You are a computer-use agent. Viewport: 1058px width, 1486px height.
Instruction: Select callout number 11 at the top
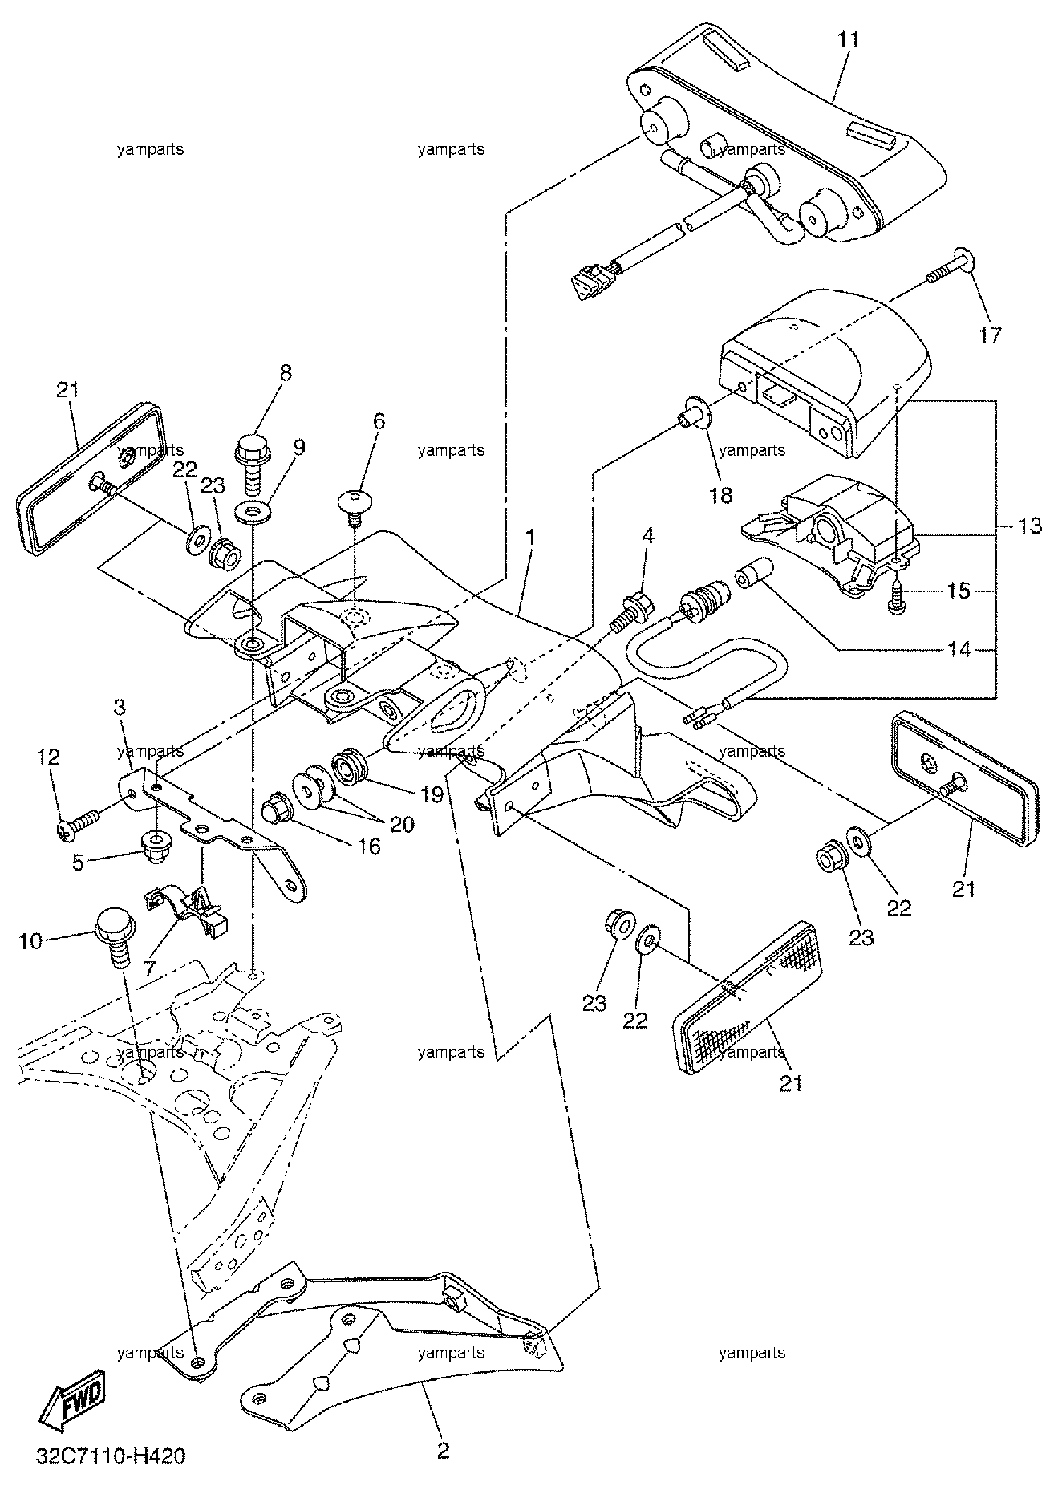848,40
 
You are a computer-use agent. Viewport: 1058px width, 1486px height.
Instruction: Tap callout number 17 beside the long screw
991,335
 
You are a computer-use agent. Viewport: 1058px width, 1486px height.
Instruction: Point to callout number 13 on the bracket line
1031,526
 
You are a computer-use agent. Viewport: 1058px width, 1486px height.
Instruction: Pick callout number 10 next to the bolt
30,940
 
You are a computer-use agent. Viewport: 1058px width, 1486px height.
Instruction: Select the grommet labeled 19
350,765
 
